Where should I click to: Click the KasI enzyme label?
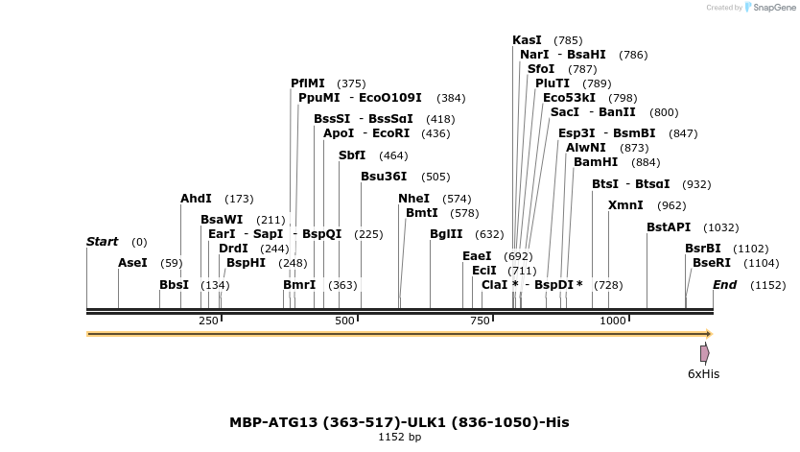[527, 40]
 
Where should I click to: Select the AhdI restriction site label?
[196, 199]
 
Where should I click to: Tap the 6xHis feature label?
[703, 373]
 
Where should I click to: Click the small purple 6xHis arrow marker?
[705, 353]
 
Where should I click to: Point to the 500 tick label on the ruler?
[345, 321]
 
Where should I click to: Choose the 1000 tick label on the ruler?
[613, 321]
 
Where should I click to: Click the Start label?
[103, 242]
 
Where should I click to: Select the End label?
[724, 285]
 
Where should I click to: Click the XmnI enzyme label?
[625, 205]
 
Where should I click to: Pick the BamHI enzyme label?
[596, 162]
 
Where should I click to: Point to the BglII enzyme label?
[446, 234]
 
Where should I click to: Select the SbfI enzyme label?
[352, 155]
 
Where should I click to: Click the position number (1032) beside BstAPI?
[720, 227]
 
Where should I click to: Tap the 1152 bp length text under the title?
[399, 438]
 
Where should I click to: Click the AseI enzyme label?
[132, 263]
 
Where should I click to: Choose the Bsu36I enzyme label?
[384, 177]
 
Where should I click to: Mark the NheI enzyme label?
[413, 199]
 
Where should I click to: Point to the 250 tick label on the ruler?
[208, 321]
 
